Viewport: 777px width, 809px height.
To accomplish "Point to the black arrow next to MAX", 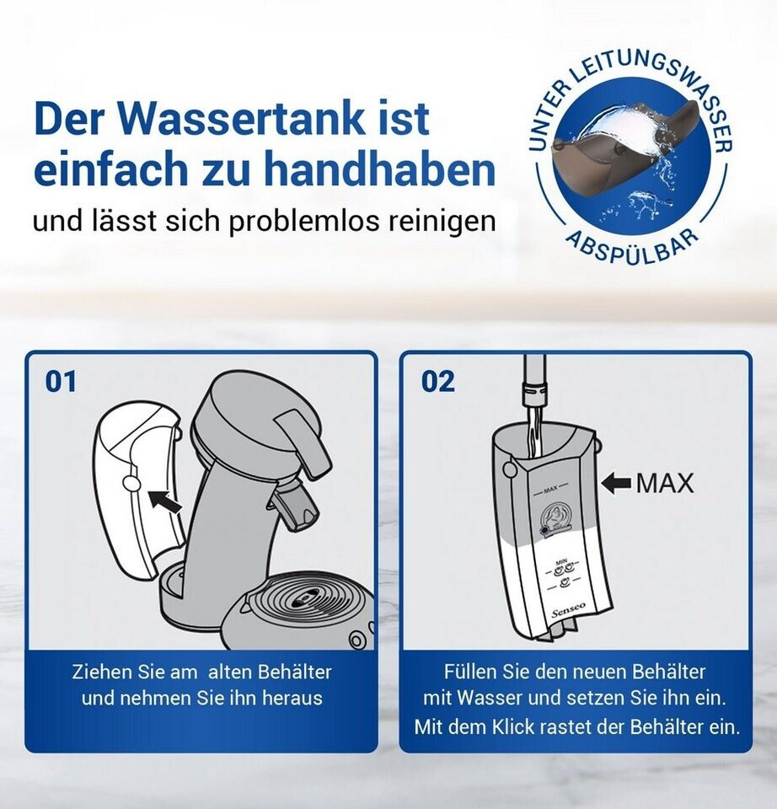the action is click(x=616, y=484).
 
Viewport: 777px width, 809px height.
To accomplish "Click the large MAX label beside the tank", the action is click(x=665, y=484).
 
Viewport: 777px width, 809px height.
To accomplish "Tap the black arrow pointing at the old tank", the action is click(x=165, y=501).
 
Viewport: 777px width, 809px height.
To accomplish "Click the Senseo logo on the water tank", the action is click(x=569, y=610).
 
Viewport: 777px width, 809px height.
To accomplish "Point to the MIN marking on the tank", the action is click(x=561, y=561).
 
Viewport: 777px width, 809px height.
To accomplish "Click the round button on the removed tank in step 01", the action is click(x=131, y=483).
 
